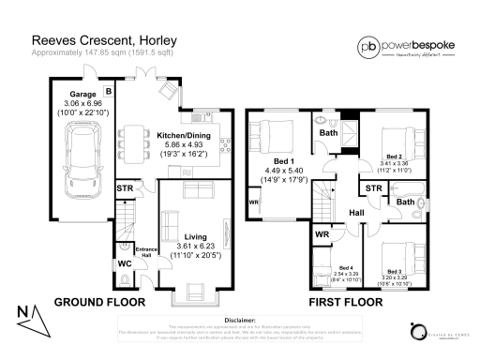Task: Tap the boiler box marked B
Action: pyautogui.click(x=108, y=91)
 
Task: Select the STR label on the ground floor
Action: pyautogui.click(x=125, y=190)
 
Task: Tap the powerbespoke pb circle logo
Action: pyautogui.click(x=317, y=45)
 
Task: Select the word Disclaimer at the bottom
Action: pyautogui.click(x=240, y=319)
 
